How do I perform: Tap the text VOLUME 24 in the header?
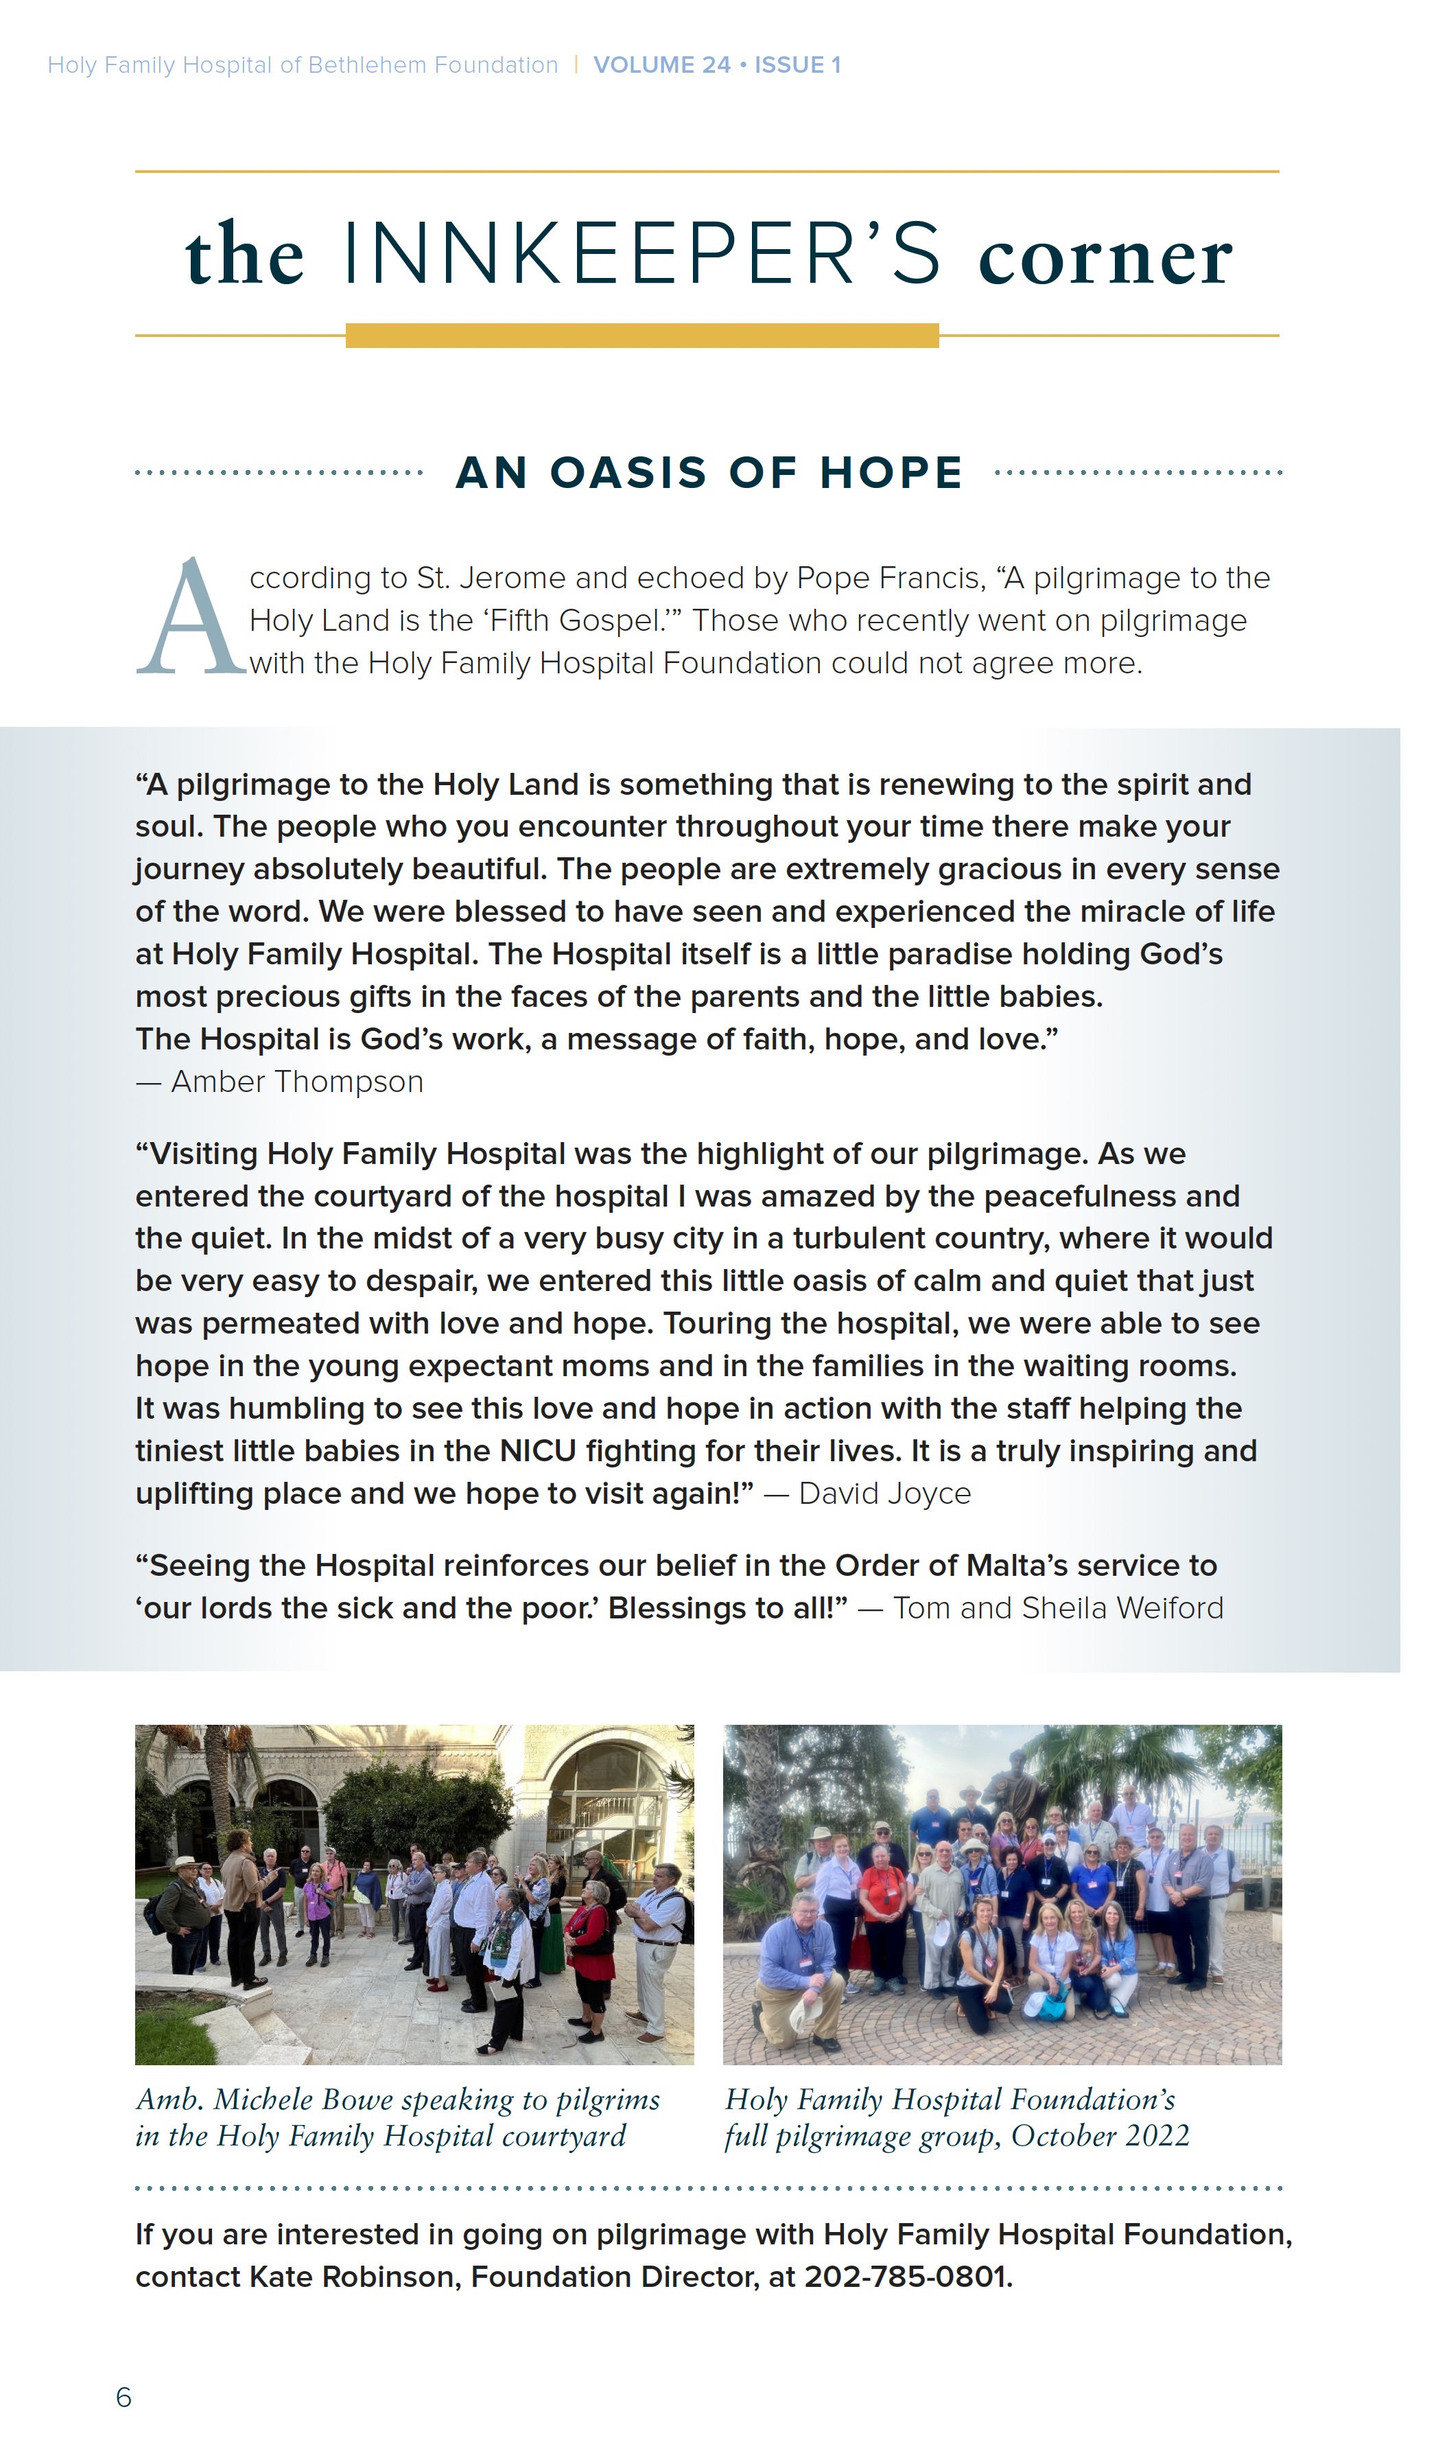coord(662,65)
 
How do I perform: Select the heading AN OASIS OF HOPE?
coord(709,474)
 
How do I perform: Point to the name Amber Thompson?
coord(297,1082)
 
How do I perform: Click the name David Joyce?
coord(884,1494)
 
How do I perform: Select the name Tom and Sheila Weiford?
coord(1058,1608)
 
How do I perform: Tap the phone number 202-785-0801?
coord(905,2277)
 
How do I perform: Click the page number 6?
coord(123,2397)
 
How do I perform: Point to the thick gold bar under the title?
coord(642,336)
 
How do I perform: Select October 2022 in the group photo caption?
coord(1100,2137)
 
